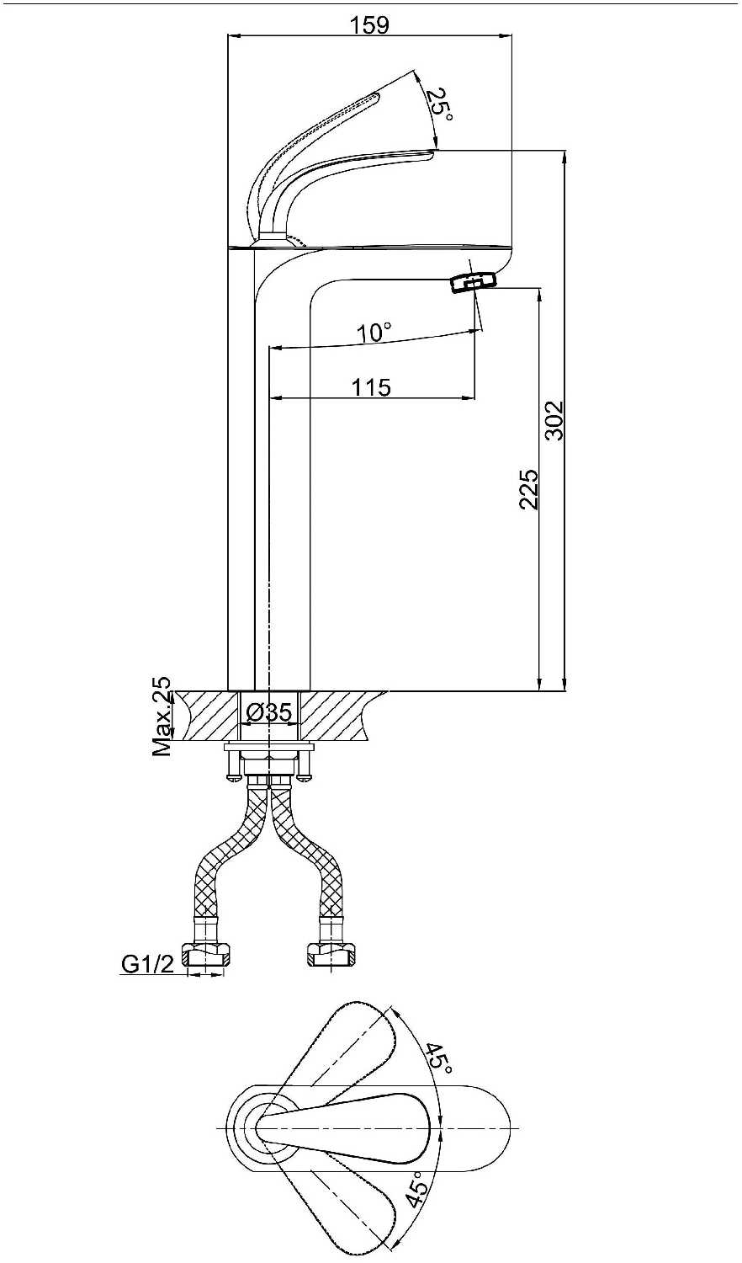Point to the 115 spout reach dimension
pyautogui.click(x=371, y=387)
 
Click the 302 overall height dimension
pyautogui.click(x=555, y=420)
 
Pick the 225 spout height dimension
pyautogui.click(x=529, y=489)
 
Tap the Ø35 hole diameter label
pyautogui.click(x=270, y=712)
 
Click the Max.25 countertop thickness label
pyautogui.click(x=162, y=716)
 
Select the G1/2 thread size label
pyautogui.click(x=148, y=965)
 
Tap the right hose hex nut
pyautogui.click(x=331, y=953)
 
